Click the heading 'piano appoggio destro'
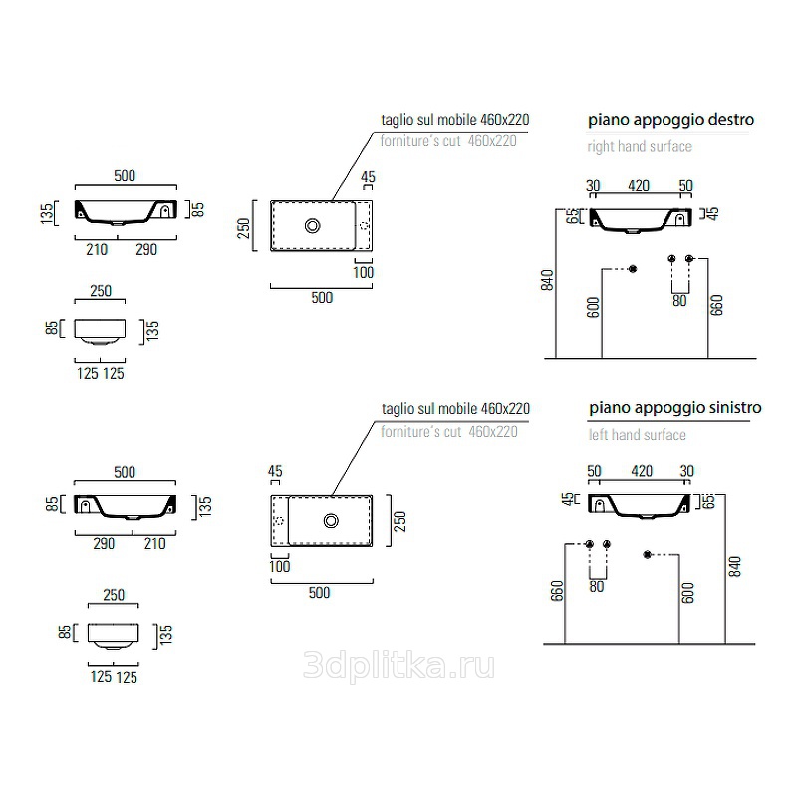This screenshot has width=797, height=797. click(x=670, y=120)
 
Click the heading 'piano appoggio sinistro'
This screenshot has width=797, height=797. click(x=675, y=408)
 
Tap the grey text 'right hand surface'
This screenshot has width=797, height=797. click(x=640, y=146)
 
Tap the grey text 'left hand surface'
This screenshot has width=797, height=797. click(x=638, y=435)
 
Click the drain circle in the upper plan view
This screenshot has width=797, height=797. click(x=312, y=226)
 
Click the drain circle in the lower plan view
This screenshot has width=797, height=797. click(x=331, y=520)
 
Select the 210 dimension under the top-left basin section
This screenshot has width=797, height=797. click(x=97, y=250)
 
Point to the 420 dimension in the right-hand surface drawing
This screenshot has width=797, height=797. click(x=639, y=186)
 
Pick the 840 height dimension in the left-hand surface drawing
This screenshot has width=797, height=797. click(x=735, y=566)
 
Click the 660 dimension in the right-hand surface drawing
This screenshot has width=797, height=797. click(x=716, y=305)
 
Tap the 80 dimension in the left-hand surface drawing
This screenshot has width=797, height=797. click(x=597, y=587)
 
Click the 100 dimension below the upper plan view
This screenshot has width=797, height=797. click(x=363, y=272)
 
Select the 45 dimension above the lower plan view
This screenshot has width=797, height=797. click(x=275, y=471)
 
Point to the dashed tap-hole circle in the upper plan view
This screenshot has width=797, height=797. click(x=365, y=226)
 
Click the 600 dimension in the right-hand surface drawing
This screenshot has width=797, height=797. click(x=593, y=307)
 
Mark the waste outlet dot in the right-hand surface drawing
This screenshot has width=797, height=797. click(x=633, y=269)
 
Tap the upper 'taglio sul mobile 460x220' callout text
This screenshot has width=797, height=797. click(x=455, y=120)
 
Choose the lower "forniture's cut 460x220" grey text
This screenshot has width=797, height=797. click(x=449, y=432)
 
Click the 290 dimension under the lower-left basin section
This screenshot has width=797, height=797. click(x=104, y=543)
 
